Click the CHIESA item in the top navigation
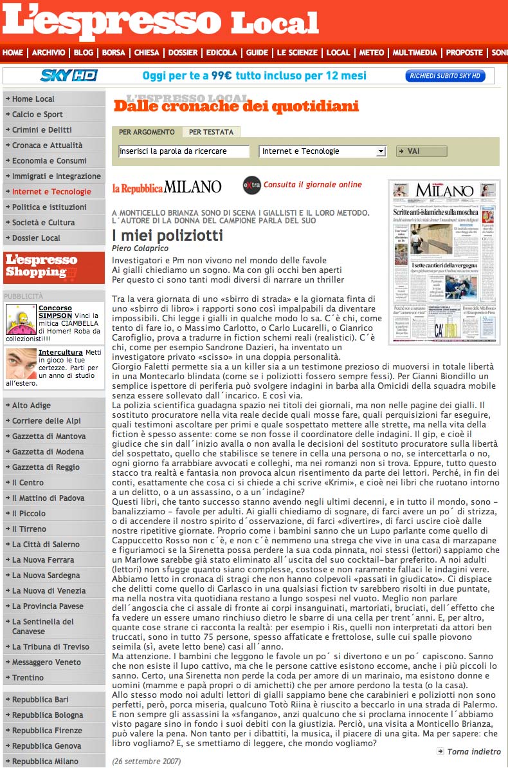tap(147, 53)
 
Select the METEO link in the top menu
tap(372, 53)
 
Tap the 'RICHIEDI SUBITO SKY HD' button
tap(445, 76)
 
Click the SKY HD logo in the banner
tap(69, 76)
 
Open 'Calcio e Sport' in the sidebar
tap(37, 115)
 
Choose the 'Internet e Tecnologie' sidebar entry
tap(51, 192)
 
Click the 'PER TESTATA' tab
tap(211, 132)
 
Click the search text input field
tap(183, 151)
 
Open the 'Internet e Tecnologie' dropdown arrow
tap(381, 151)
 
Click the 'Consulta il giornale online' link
tap(313, 185)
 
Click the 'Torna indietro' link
tap(473, 751)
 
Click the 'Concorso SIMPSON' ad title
tap(55, 312)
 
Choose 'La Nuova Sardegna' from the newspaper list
tap(46, 576)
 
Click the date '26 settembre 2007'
tap(147, 762)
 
